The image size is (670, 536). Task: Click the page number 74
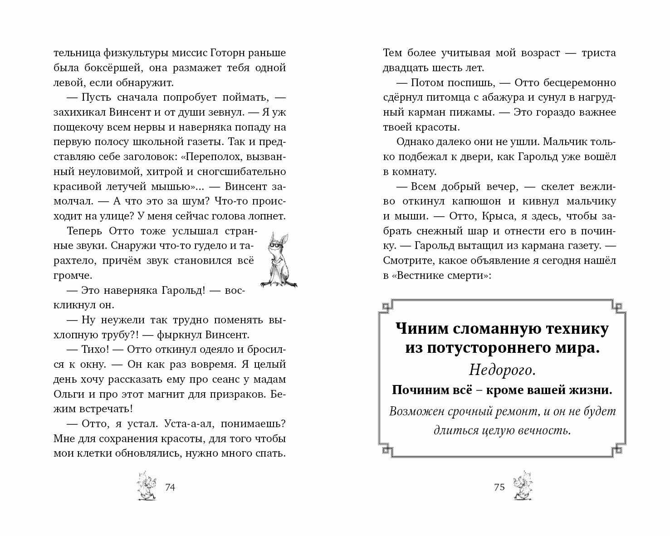coord(170,487)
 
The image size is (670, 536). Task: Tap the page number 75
coord(499,487)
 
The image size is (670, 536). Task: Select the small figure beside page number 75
coord(523,486)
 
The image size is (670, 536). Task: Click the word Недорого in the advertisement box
coord(502,370)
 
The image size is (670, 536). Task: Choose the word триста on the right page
coord(597,53)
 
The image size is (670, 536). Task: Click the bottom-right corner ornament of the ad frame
coord(619,450)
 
